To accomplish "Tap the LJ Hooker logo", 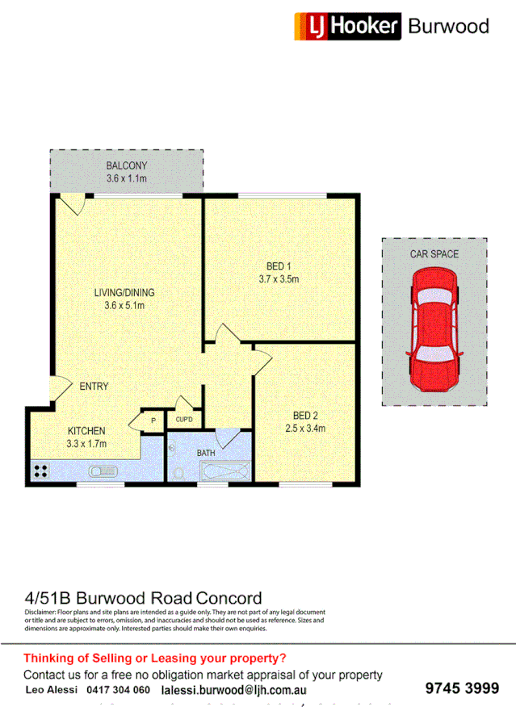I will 347,26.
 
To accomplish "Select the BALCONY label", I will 127,167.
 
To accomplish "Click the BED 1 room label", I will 279,267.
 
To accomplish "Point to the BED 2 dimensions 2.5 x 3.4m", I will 305,429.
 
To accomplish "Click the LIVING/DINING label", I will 124,292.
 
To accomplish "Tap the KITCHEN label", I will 86,430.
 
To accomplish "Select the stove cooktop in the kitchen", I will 41,471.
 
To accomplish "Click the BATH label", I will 207,454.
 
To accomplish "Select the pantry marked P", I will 152,420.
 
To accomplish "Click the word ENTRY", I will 94,387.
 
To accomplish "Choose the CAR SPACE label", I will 434,254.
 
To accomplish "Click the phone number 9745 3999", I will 462,688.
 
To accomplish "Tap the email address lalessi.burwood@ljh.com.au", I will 233,690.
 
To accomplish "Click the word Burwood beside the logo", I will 448,26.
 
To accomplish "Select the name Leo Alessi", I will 52,690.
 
